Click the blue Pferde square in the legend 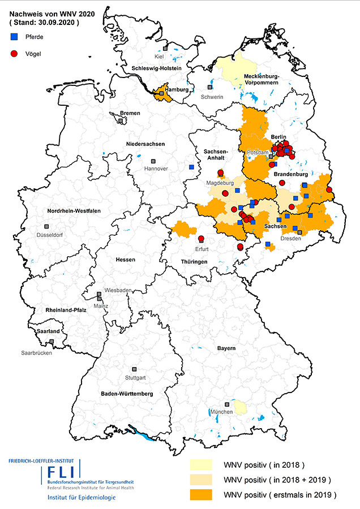coord(14,36)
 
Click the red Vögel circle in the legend coord(14,54)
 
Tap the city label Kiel coord(160,57)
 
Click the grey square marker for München coord(227,404)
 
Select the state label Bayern coord(226,348)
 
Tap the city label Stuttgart coord(135,377)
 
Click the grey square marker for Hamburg coord(162,93)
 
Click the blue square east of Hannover coord(191,167)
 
